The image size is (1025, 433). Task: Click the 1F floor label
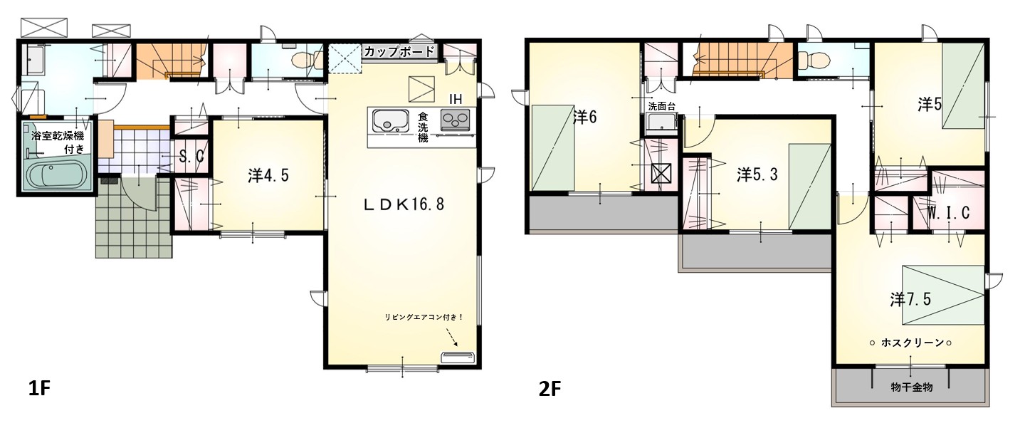[x=39, y=389]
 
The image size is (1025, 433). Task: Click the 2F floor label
[x=550, y=390]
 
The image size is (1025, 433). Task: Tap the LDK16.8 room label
[x=404, y=204]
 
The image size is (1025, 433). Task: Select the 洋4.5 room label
[x=268, y=175]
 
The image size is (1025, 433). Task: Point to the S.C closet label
[x=191, y=157]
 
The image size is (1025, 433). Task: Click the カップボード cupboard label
[x=399, y=51]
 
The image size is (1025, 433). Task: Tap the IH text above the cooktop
[x=456, y=99]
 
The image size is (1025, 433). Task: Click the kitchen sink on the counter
[x=390, y=120]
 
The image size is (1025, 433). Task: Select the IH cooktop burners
[x=456, y=120]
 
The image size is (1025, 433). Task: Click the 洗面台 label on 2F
[x=662, y=107]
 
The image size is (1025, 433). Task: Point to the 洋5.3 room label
[x=757, y=174]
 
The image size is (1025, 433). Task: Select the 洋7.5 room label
[x=910, y=300]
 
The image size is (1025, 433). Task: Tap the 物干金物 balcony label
[x=912, y=387]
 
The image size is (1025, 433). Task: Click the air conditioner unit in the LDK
[x=458, y=358]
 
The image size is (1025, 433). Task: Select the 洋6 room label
[x=585, y=118]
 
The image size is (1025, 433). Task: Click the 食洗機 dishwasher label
[x=423, y=127]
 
